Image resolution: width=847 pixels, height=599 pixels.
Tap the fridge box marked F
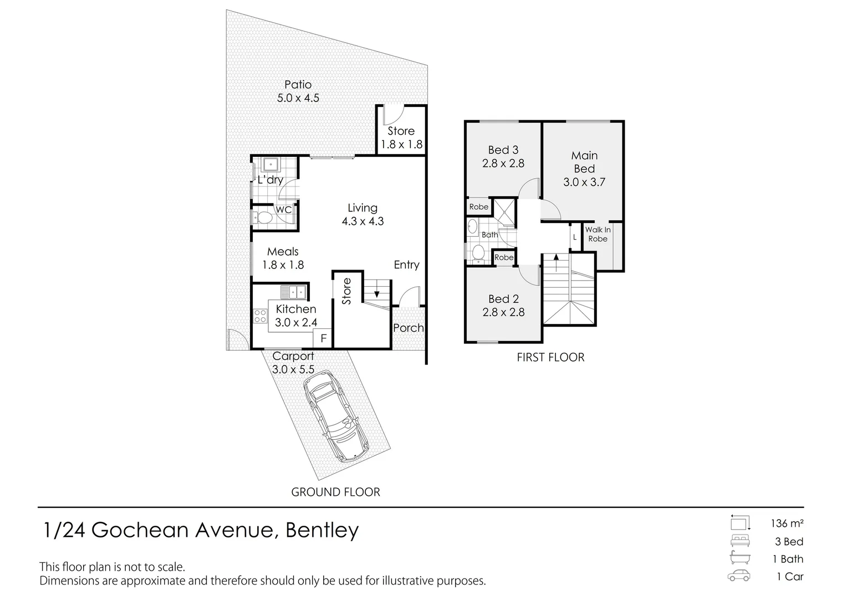click(323, 338)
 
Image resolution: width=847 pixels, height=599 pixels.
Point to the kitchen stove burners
click(260, 316)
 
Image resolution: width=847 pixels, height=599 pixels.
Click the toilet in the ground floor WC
click(262, 217)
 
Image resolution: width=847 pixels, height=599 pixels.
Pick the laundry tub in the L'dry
click(271, 165)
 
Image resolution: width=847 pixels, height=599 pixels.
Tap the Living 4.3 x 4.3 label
click(363, 215)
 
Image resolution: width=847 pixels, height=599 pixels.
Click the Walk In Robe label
click(598, 234)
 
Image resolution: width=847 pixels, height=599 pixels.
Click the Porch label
click(409, 328)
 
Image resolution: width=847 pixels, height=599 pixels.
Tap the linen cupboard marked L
click(575, 237)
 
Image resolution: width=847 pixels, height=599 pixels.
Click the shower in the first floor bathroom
click(505, 212)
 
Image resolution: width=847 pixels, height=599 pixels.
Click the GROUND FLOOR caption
click(335, 492)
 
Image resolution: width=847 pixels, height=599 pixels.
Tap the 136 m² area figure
click(787, 524)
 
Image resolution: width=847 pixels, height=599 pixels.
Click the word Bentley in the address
click(322, 530)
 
